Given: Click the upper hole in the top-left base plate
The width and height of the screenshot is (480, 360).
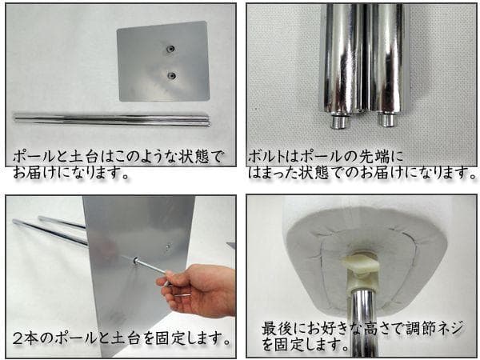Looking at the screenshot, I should coord(170,50).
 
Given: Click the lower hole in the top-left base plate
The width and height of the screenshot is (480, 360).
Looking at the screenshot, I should coord(170,76).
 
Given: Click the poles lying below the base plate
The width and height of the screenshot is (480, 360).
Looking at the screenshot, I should coord(112,119).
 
